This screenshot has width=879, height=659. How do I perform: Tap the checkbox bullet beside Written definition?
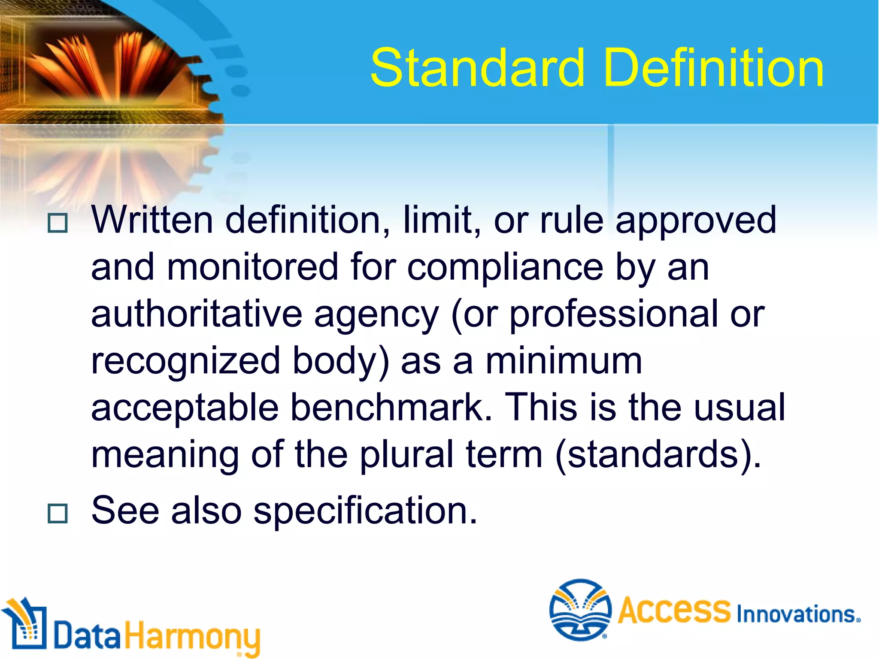[58, 223]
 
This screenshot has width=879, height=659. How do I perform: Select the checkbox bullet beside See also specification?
[58, 513]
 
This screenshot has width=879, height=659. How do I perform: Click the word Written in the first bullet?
[152, 220]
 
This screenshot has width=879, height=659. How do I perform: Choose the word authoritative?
[197, 314]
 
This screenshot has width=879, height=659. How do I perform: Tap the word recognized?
[186, 361]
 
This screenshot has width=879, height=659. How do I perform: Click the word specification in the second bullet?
[365, 511]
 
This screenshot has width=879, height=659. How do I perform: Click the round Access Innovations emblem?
[580, 610]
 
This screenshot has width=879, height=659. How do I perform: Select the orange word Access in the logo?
[674, 610]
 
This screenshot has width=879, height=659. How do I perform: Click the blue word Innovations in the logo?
[797, 614]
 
